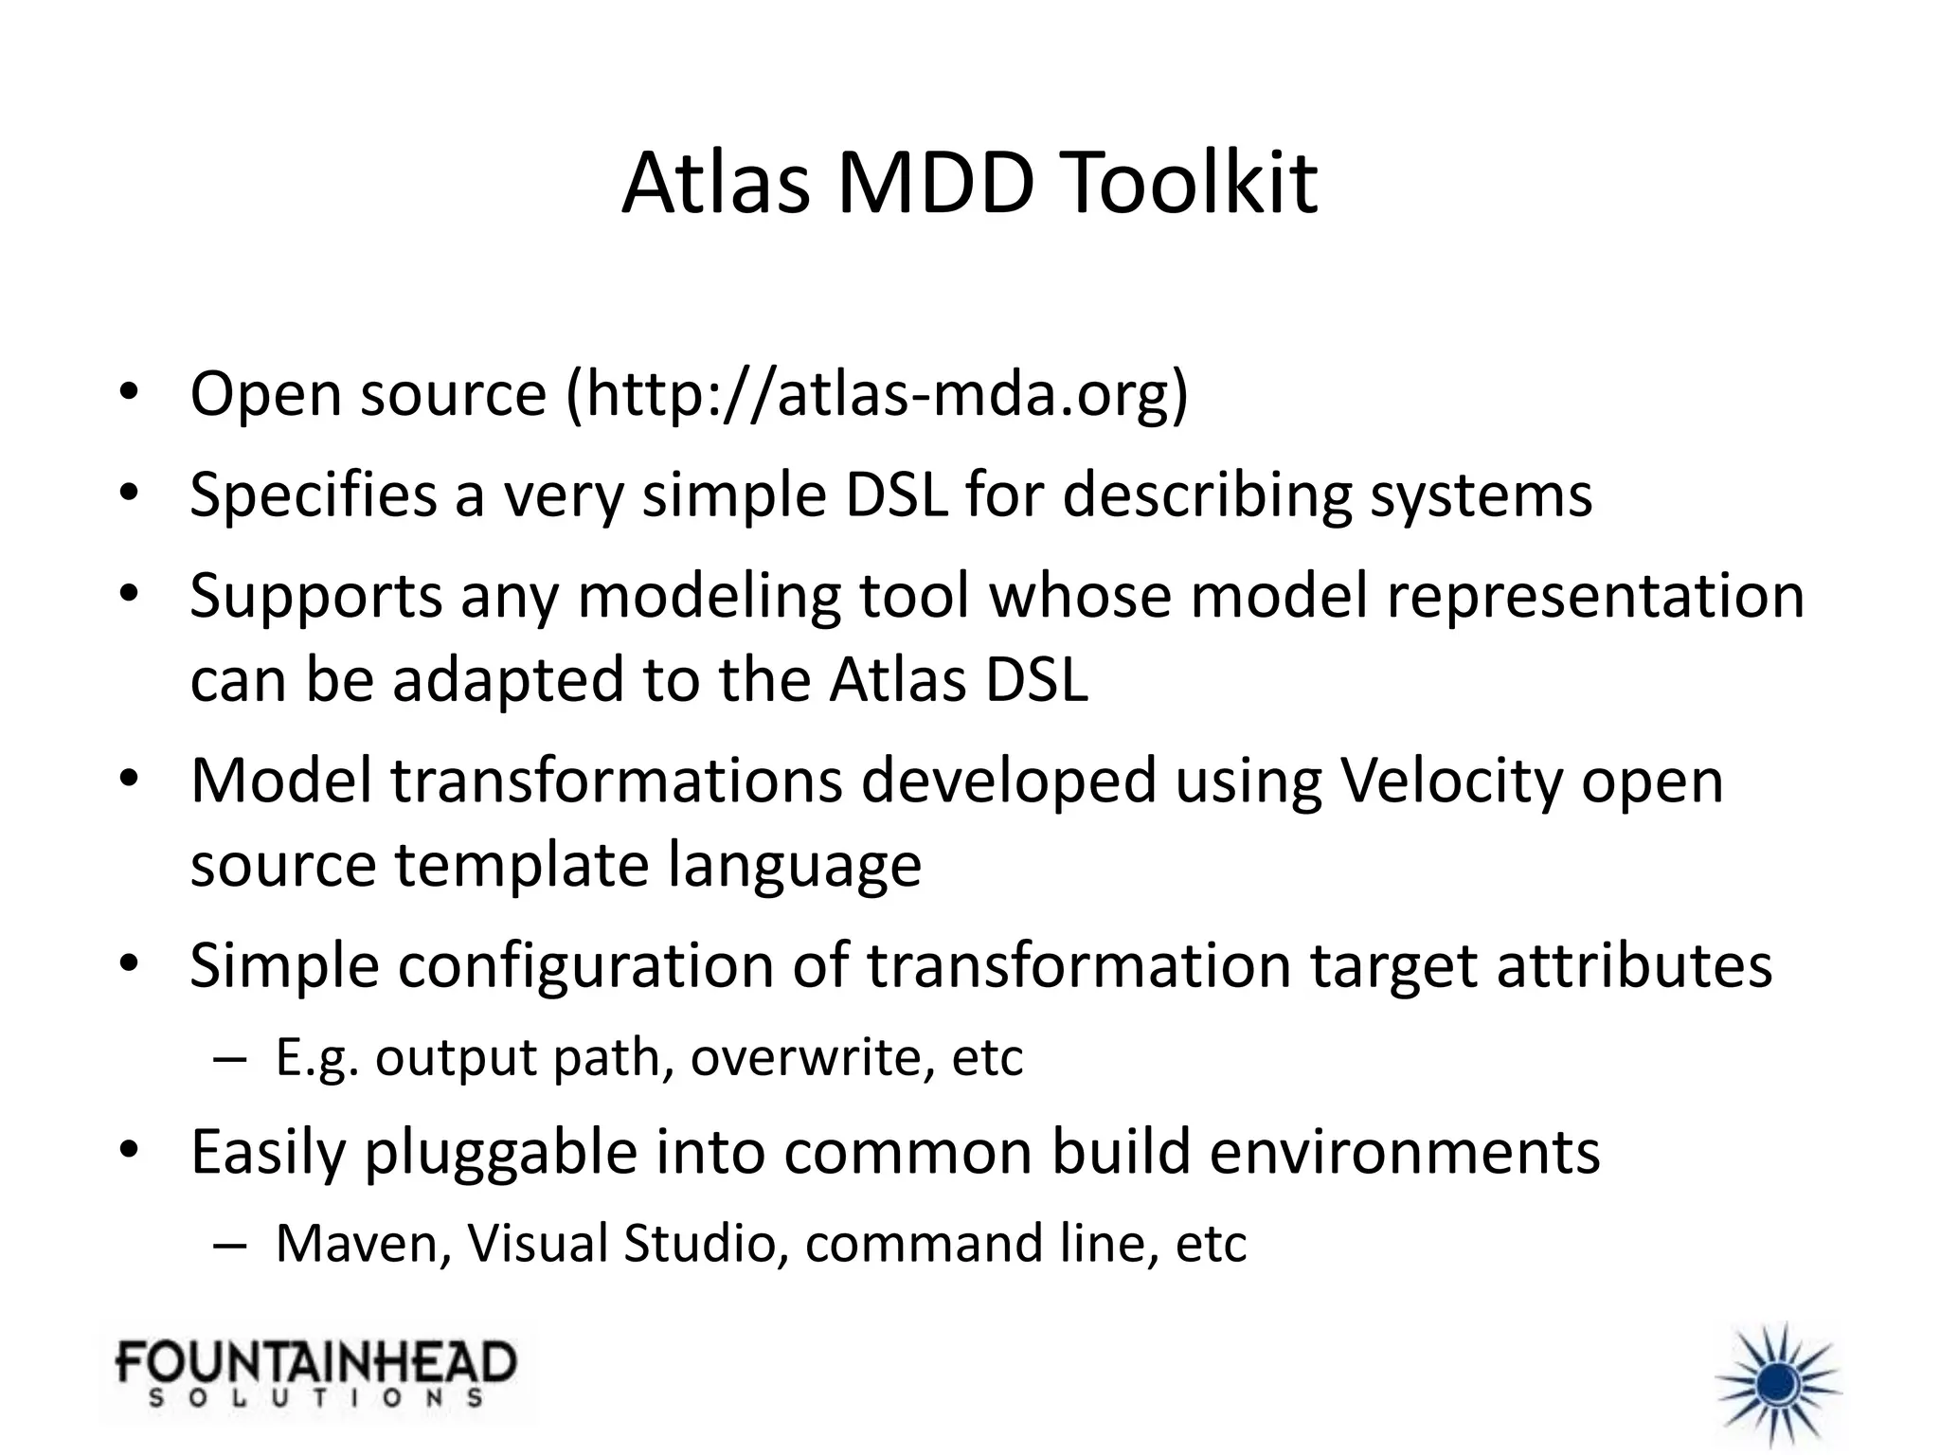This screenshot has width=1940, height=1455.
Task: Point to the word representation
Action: [1595, 597]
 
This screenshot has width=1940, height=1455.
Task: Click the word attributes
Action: [1634, 965]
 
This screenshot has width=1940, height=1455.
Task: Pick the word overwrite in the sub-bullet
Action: [811, 1057]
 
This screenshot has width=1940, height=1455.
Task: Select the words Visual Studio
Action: [620, 1244]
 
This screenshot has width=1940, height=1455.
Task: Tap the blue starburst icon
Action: [1778, 1384]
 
